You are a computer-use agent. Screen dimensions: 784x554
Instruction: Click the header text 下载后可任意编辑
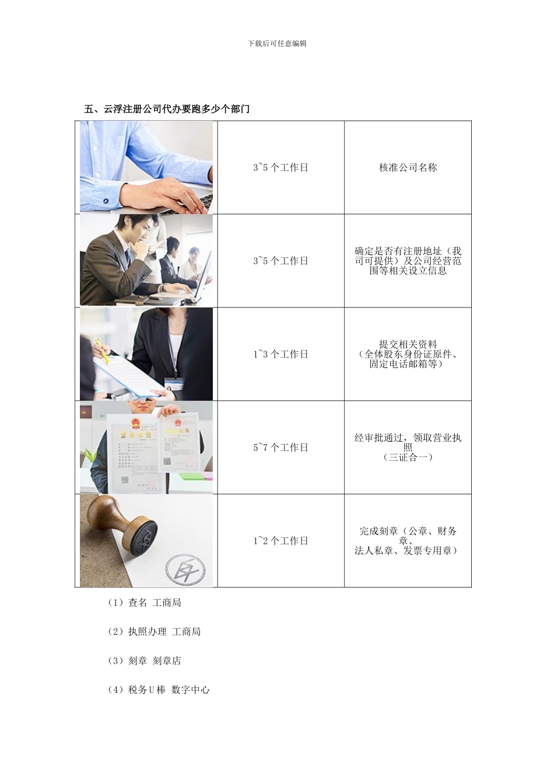[277, 43]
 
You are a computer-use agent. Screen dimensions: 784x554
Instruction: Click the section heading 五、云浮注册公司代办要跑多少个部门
[167, 108]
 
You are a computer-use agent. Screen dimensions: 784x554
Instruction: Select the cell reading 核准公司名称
[408, 167]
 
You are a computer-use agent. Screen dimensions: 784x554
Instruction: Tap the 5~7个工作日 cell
[280, 447]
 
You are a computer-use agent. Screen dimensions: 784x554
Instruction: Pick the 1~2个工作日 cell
[280, 541]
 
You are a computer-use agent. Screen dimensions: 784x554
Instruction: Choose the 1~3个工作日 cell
[280, 354]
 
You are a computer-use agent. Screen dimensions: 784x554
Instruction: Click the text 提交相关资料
[408, 345]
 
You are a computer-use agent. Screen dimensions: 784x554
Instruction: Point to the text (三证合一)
[408, 457]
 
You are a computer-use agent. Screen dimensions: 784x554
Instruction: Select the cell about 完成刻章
[408, 541]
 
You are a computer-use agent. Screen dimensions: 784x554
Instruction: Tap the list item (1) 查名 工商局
[145, 603]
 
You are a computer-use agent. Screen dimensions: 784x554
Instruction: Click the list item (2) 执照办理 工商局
[154, 632]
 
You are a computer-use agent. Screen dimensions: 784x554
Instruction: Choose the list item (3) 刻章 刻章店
[145, 661]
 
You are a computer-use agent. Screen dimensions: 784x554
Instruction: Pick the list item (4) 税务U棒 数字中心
[159, 690]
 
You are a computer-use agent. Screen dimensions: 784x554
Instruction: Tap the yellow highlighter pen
[101, 351]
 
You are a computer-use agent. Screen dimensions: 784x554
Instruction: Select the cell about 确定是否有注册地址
[408, 261]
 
